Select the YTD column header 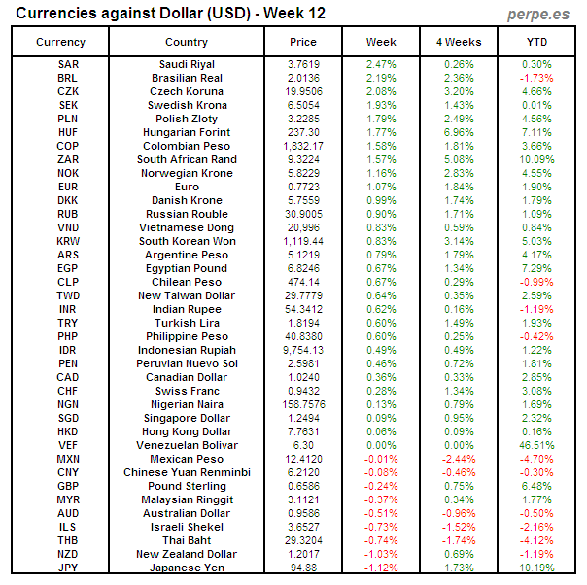point(536,42)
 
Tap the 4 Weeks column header point(459,42)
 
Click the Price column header point(303,42)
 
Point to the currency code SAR point(68,64)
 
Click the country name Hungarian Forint point(187,132)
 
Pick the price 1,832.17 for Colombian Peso point(303,146)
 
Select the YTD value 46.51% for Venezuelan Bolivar point(536,445)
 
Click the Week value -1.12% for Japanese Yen point(381,568)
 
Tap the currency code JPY point(68,568)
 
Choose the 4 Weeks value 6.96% point(459,132)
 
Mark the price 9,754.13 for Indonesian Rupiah point(303,350)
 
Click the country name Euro point(187,187)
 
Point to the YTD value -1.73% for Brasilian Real point(536,78)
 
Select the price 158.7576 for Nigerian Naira point(303,404)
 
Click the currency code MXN point(68,459)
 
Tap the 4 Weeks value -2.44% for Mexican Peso point(459,459)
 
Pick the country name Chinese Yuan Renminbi point(187,472)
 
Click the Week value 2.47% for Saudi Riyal point(381,64)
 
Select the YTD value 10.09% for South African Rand point(536,159)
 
